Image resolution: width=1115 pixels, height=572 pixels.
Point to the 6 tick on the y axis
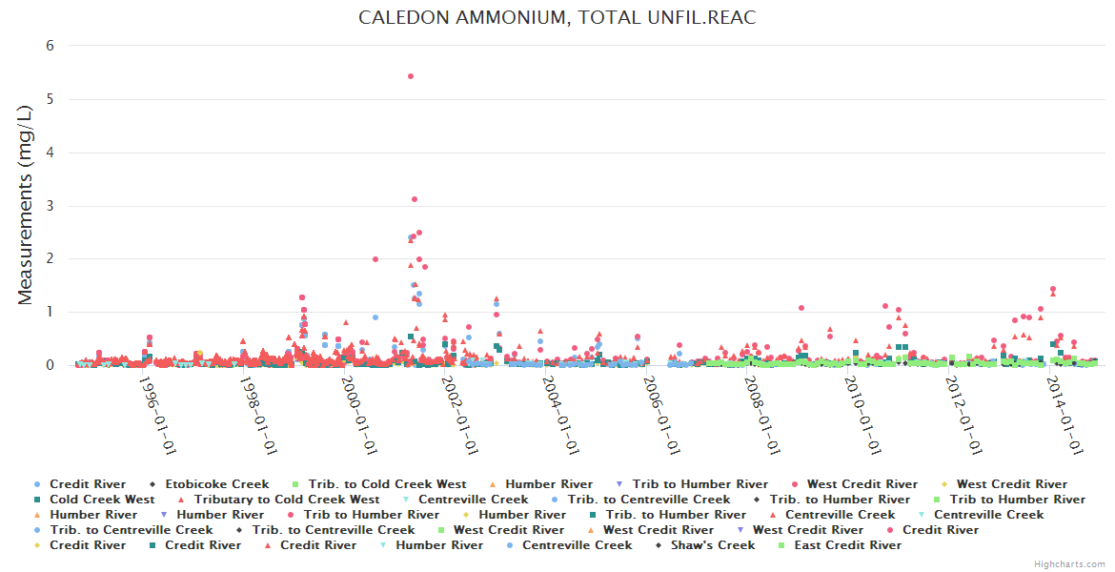point(51,46)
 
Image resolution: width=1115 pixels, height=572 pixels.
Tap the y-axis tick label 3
point(51,206)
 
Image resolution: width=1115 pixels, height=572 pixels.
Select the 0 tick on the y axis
point(51,365)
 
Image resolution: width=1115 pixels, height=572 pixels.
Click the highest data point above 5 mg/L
point(411,76)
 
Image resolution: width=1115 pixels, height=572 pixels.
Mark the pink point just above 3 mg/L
point(415,199)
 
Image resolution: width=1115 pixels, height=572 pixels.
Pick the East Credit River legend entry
point(846,545)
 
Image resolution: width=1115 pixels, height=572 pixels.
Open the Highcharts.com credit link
point(1069,564)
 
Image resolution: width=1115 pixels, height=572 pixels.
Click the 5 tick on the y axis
point(51,99)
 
